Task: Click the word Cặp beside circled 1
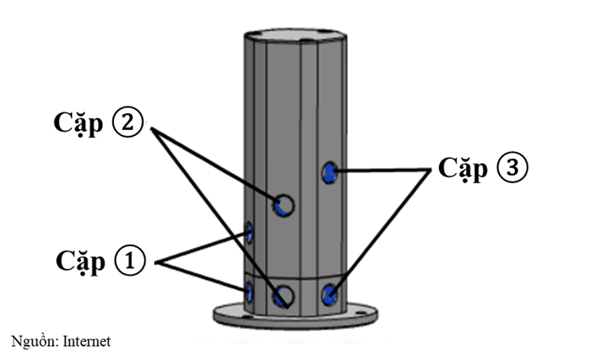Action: coord(81,261)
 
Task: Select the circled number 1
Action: coord(130,261)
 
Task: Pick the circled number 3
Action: coord(512,169)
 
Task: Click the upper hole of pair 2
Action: coord(283,206)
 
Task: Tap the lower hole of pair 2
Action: coord(282,297)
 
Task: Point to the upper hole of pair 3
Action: coord(330,171)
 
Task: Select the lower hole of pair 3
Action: coord(330,295)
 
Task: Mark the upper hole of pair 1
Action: coord(250,233)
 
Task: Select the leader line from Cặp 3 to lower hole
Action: coord(383,229)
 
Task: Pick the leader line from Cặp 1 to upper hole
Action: coord(206,247)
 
